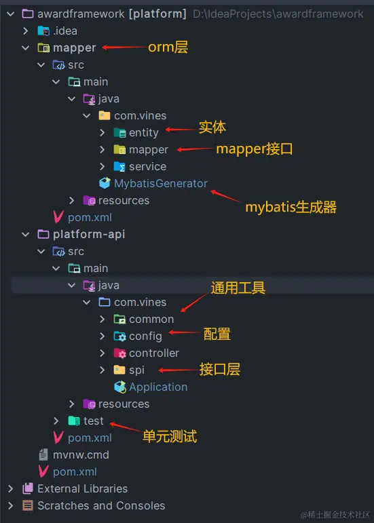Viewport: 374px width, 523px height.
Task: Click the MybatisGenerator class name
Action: click(x=160, y=183)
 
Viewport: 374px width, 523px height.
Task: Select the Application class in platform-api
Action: click(x=158, y=387)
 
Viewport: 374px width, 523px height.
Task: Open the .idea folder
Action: click(x=65, y=31)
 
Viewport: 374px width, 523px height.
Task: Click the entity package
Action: click(x=144, y=133)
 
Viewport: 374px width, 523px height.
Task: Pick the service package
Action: click(x=147, y=166)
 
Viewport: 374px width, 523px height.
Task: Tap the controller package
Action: click(x=154, y=353)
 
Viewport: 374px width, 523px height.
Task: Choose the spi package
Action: click(x=136, y=370)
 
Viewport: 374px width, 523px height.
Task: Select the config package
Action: click(x=145, y=336)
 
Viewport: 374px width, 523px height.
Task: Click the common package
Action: click(x=151, y=319)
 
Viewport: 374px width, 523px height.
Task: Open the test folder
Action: click(x=94, y=421)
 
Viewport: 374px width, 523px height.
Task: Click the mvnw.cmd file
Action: click(x=81, y=455)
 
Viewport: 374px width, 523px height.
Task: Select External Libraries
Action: click(x=82, y=488)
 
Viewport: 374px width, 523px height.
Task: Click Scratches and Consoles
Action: click(x=101, y=505)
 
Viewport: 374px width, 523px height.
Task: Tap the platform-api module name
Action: click(x=89, y=234)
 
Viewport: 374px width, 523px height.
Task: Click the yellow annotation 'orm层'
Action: click(x=168, y=47)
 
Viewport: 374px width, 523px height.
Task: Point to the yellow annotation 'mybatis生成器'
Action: click(x=291, y=207)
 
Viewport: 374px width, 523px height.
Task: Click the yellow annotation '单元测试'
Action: click(x=170, y=436)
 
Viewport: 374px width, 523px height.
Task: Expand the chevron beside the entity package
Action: click(x=102, y=133)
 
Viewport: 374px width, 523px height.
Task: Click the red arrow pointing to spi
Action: click(x=179, y=370)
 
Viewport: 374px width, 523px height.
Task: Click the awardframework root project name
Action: click(x=81, y=14)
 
